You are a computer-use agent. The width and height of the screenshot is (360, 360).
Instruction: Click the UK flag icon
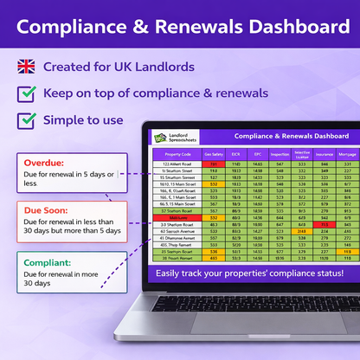point(26,67)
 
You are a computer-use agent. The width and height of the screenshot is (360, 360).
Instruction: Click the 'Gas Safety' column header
point(212,154)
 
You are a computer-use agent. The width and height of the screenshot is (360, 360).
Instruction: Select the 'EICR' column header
point(235,154)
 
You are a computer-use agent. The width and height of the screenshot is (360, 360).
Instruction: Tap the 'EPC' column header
point(257,154)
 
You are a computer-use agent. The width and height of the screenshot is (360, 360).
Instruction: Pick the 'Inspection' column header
point(280,154)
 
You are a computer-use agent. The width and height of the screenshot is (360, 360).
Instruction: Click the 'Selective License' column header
point(301,154)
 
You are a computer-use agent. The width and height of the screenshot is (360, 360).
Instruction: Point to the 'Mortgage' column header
point(346,154)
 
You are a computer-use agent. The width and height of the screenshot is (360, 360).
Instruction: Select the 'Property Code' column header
point(177,154)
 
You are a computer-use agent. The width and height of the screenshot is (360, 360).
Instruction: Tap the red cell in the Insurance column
point(324,224)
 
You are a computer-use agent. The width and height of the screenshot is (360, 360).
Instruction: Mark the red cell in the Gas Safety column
point(213,163)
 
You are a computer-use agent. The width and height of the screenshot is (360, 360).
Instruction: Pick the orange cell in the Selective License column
point(301,231)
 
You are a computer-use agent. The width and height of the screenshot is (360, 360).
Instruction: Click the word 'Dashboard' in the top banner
point(279,29)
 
